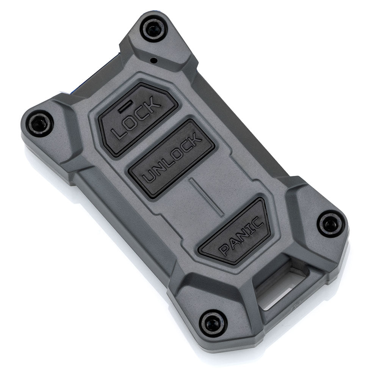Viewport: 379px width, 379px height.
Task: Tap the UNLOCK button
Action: point(171,158)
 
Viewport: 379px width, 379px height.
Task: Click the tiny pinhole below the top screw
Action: point(153,60)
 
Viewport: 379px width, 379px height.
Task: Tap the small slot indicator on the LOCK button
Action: point(125,106)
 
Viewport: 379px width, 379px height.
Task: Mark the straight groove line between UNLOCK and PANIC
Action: point(207,196)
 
